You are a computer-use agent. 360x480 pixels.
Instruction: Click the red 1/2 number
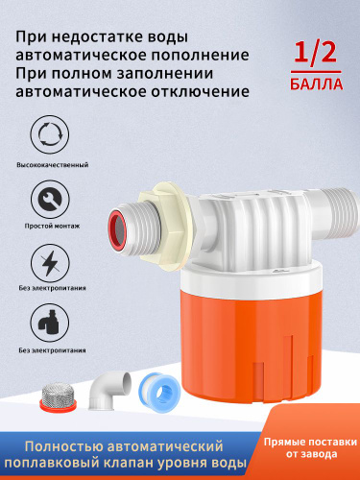(315, 52)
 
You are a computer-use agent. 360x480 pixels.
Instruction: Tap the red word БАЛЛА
(316, 84)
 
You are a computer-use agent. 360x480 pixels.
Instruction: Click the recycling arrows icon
(50, 134)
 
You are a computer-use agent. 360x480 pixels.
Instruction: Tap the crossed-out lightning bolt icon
(50, 263)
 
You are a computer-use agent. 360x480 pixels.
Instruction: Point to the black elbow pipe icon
(50, 323)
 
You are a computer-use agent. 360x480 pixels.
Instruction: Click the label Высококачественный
(53, 165)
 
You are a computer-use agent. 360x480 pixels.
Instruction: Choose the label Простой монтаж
(52, 226)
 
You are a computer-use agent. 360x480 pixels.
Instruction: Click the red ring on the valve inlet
(116, 229)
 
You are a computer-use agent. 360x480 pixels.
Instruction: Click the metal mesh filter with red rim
(59, 396)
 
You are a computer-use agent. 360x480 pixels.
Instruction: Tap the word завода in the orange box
(320, 454)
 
